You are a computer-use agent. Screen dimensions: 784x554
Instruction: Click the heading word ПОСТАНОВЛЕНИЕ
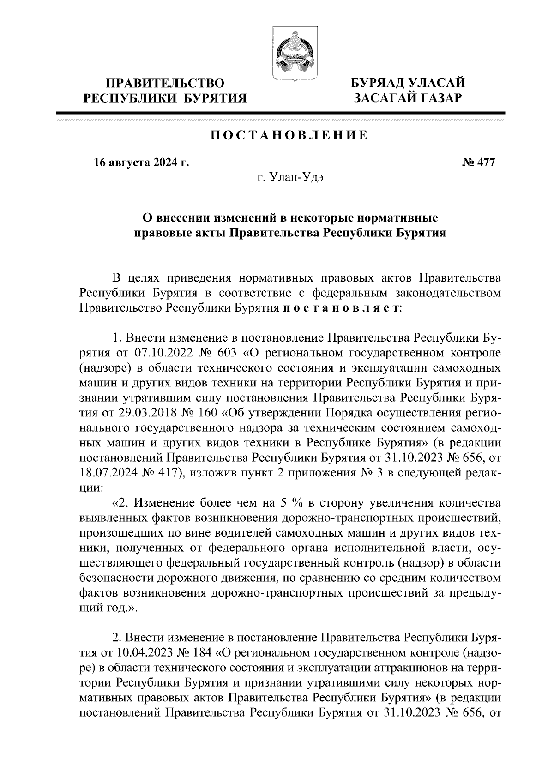[x=289, y=136]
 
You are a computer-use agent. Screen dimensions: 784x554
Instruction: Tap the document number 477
[x=485, y=163]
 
